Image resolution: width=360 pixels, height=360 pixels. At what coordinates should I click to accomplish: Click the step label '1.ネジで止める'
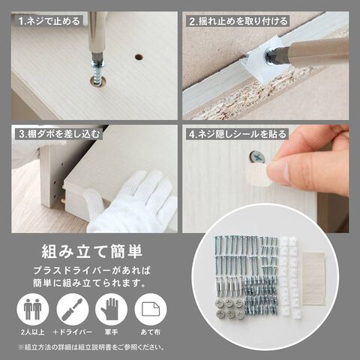[x=49, y=21]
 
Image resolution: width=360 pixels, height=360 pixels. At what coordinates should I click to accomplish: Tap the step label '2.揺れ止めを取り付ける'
[x=238, y=21]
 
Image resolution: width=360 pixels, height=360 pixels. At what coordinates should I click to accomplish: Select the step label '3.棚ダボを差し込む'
[x=59, y=134]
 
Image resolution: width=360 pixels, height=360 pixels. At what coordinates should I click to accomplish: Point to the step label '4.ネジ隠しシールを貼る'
[x=237, y=134]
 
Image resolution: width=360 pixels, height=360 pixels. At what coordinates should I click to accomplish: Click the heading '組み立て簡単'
[x=92, y=251]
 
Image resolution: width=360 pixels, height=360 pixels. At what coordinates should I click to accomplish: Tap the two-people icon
[x=33, y=309]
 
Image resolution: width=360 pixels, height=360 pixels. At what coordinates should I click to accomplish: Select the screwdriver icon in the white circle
[x=73, y=309]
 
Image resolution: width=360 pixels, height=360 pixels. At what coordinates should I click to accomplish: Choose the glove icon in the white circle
[x=111, y=309]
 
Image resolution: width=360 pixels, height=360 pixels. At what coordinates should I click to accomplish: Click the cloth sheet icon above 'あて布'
[x=151, y=309]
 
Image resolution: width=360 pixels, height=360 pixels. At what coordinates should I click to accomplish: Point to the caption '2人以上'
[x=33, y=332]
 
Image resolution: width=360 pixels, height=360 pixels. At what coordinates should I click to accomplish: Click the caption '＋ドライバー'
[x=73, y=332]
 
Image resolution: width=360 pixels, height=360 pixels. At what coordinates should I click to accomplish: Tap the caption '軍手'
[x=111, y=332]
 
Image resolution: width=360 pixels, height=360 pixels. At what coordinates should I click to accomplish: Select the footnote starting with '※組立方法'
[x=91, y=347]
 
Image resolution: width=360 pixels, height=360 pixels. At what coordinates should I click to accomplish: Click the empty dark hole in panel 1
[x=139, y=57]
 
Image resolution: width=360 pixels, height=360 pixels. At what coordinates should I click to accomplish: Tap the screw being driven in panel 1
[x=99, y=70]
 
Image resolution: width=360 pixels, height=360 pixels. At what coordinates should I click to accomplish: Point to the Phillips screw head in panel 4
[x=257, y=157]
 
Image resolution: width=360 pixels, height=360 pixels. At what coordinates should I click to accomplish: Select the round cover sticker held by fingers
[x=259, y=175]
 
